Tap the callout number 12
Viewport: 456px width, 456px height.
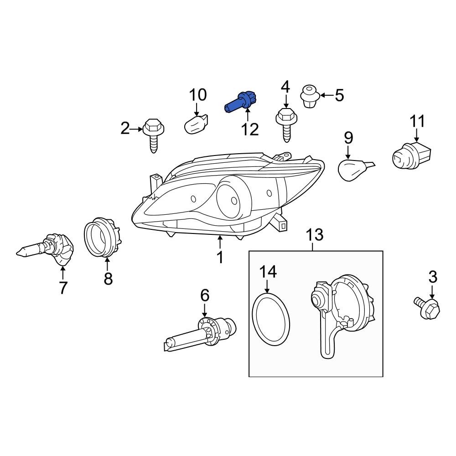click(249, 129)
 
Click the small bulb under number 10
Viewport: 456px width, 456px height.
click(198, 124)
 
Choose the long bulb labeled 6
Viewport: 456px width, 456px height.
click(201, 333)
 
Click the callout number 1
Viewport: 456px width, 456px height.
click(220, 257)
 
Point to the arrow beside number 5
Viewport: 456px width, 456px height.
click(326, 95)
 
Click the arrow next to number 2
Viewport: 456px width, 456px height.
click(137, 130)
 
